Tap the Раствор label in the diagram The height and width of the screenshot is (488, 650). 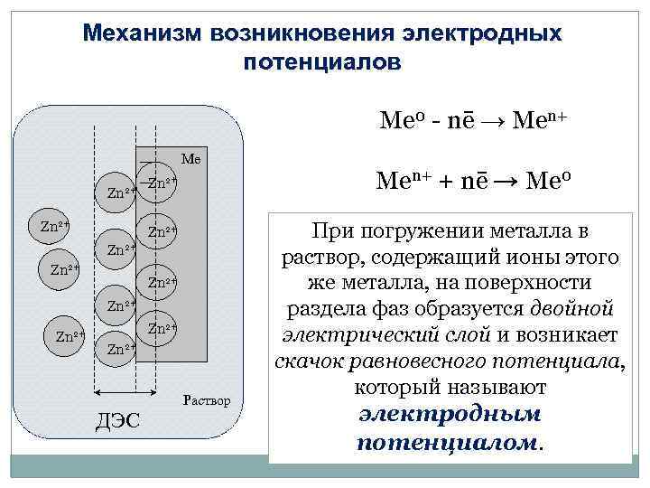207,399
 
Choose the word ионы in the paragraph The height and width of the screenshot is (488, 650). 535,258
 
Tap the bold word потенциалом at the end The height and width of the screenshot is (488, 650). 449,443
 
